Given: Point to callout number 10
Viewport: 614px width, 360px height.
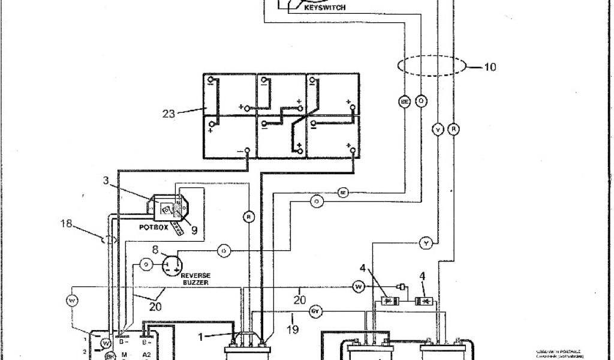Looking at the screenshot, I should (x=489, y=67).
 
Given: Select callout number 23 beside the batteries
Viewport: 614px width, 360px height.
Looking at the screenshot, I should (x=168, y=112).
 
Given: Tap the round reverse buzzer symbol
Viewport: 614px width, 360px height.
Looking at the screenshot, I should (x=173, y=264).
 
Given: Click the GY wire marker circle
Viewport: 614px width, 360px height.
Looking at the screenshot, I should (x=315, y=312).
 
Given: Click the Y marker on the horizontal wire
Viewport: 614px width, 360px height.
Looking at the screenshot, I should (x=425, y=243).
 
